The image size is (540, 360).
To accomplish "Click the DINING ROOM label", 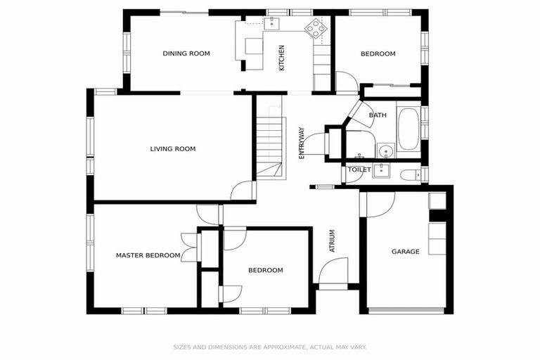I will [x=186, y=53].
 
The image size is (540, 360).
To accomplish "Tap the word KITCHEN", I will [x=282, y=58].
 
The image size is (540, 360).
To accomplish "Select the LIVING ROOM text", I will [x=172, y=148].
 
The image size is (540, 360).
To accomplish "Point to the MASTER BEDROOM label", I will [x=148, y=255].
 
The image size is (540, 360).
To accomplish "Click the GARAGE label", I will [x=405, y=251].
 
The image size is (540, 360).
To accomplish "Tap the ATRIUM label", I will [x=333, y=241].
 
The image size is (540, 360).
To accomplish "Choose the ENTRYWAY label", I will [x=302, y=143].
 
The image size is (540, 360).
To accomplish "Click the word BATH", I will [x=378, y=115].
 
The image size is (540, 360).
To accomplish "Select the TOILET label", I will [x=359, y=169].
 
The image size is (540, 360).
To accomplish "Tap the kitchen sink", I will [x=271, y=25].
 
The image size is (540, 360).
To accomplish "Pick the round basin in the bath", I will [x=384, y=150].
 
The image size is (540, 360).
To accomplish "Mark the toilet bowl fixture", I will [x=409, y=174].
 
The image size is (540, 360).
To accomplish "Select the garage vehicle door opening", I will [x=406, y=310].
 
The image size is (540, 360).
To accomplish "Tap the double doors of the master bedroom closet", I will [x=189, y=247].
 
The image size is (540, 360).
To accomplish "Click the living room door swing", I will [x=243, y=191].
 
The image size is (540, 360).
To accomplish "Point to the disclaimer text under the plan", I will [x=270, y=347].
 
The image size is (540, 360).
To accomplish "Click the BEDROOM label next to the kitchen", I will [x=378, y=53].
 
